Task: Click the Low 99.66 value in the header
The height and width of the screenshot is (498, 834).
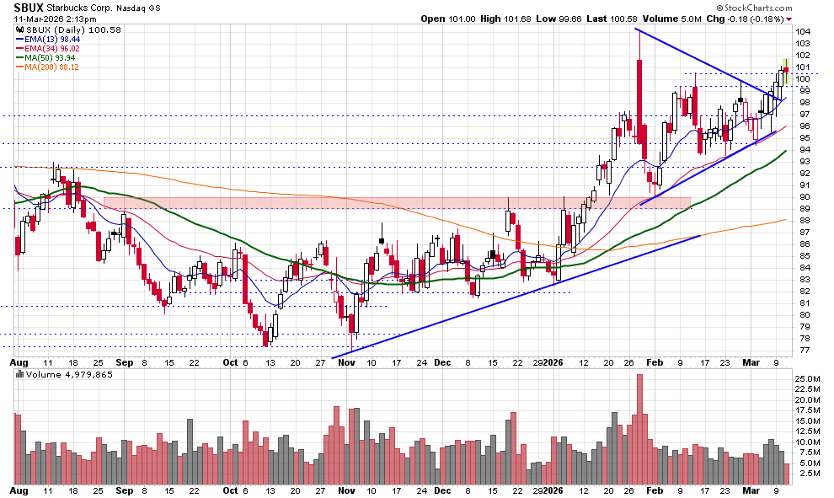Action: [x=554, y=19]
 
